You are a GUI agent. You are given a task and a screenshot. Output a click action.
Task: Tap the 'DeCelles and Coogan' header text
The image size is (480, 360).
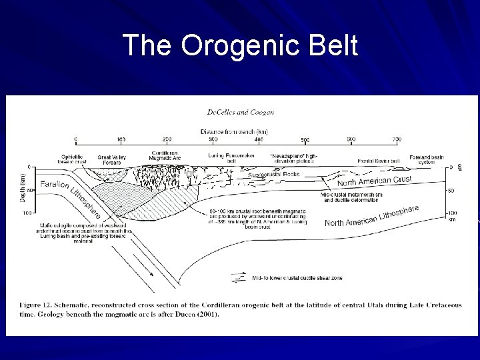coord(240,113)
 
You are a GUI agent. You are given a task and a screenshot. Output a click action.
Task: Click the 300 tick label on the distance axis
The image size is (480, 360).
coord(213,139)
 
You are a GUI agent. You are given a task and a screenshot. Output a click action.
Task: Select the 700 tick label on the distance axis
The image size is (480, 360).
coord(397,139)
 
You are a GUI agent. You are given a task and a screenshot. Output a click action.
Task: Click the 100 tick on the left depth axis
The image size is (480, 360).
coord(27,213)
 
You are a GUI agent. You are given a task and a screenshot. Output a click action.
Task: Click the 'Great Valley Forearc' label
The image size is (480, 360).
coord(112,159)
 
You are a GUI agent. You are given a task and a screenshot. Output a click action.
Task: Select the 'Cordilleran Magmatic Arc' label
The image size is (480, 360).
coord(167,155)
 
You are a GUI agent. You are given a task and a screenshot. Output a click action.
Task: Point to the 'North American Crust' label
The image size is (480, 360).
coord(374,181)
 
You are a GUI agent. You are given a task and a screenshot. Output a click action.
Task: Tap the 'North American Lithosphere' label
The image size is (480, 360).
coord(372,216)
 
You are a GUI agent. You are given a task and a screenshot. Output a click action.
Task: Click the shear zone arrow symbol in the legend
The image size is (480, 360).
coord(238,277)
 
